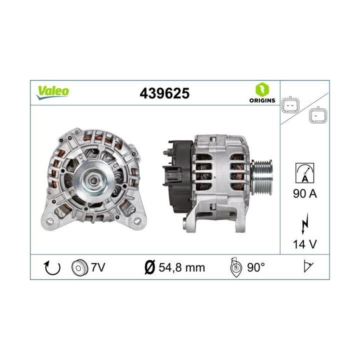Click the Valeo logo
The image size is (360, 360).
tap(52, 91)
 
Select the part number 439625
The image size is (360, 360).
tap(164, 93)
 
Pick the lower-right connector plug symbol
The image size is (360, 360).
tap(317, 116)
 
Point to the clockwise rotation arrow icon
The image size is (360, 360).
tap(52, 267)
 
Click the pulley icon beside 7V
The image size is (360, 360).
tap(79, 267)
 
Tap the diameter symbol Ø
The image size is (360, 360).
tap(148, 267)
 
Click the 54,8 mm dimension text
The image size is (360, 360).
tap(181, 267)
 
